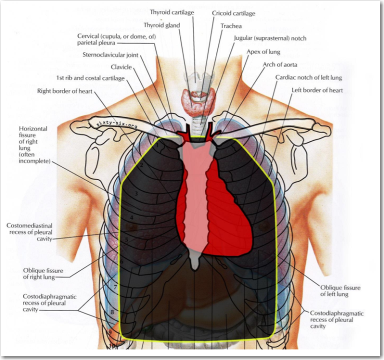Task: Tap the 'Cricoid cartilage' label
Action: pos(233,13)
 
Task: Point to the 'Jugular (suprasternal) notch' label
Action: pos(269,38)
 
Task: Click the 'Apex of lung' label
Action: pos(263,51)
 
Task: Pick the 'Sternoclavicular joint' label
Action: pos(110,54)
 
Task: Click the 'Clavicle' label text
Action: pos(121,66)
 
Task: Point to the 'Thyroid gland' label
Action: pos(162,24)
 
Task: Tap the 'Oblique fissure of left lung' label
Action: pos(340,291)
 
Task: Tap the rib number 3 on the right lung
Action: pos(135,193)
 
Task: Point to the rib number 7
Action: pos(115,287)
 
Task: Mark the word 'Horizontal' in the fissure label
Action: pos(33,129)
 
